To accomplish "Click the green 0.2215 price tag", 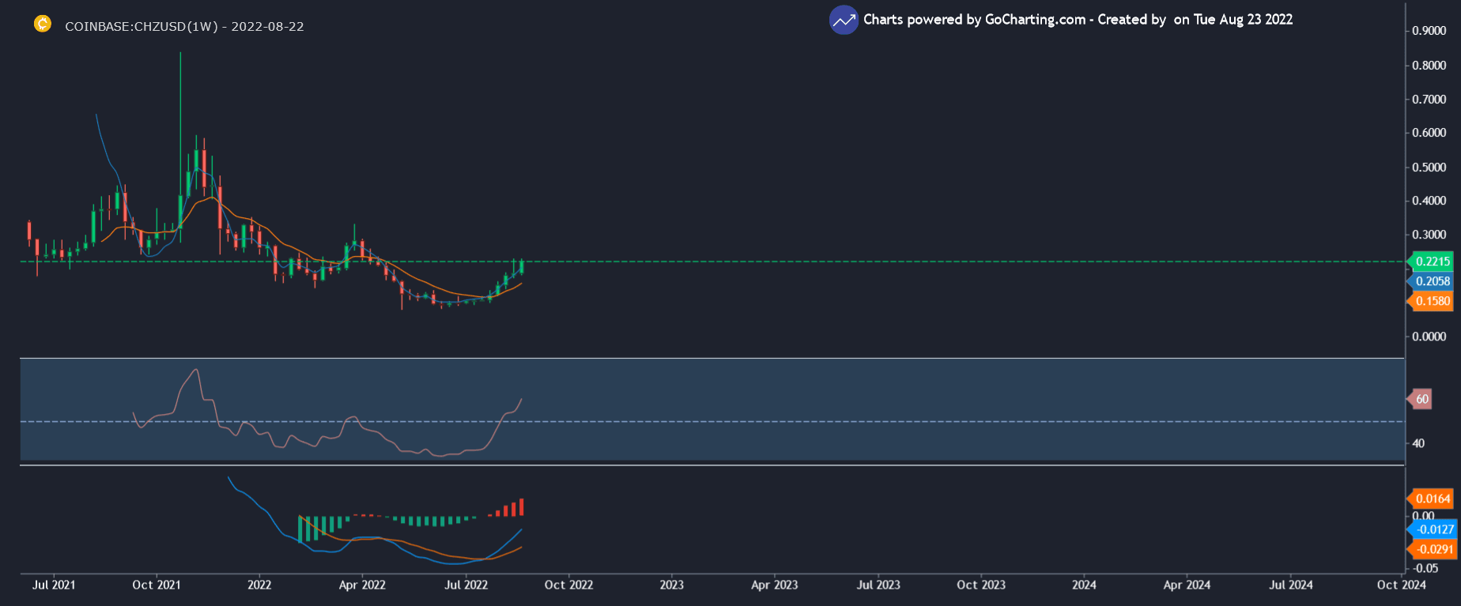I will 1433,262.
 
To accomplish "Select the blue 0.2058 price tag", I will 1433,281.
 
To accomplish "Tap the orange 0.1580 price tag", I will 1433,301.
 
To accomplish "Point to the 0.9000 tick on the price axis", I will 1429,31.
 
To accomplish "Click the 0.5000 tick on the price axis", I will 1429,167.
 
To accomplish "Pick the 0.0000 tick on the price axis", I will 1429,337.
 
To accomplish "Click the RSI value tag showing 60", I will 1421,399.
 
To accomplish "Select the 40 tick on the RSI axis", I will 1418,443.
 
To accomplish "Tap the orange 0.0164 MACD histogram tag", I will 1433,499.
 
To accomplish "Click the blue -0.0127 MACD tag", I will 1434,529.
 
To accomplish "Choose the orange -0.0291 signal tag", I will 1434,549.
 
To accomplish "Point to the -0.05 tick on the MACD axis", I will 1425,568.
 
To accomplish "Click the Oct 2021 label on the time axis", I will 157,585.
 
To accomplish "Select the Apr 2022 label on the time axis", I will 362,585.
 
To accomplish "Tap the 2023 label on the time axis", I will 671,585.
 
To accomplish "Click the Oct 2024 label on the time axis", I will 1401,585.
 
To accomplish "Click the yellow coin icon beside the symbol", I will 43,24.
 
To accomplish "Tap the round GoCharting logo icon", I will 844,20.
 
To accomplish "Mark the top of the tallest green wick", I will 180,54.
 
